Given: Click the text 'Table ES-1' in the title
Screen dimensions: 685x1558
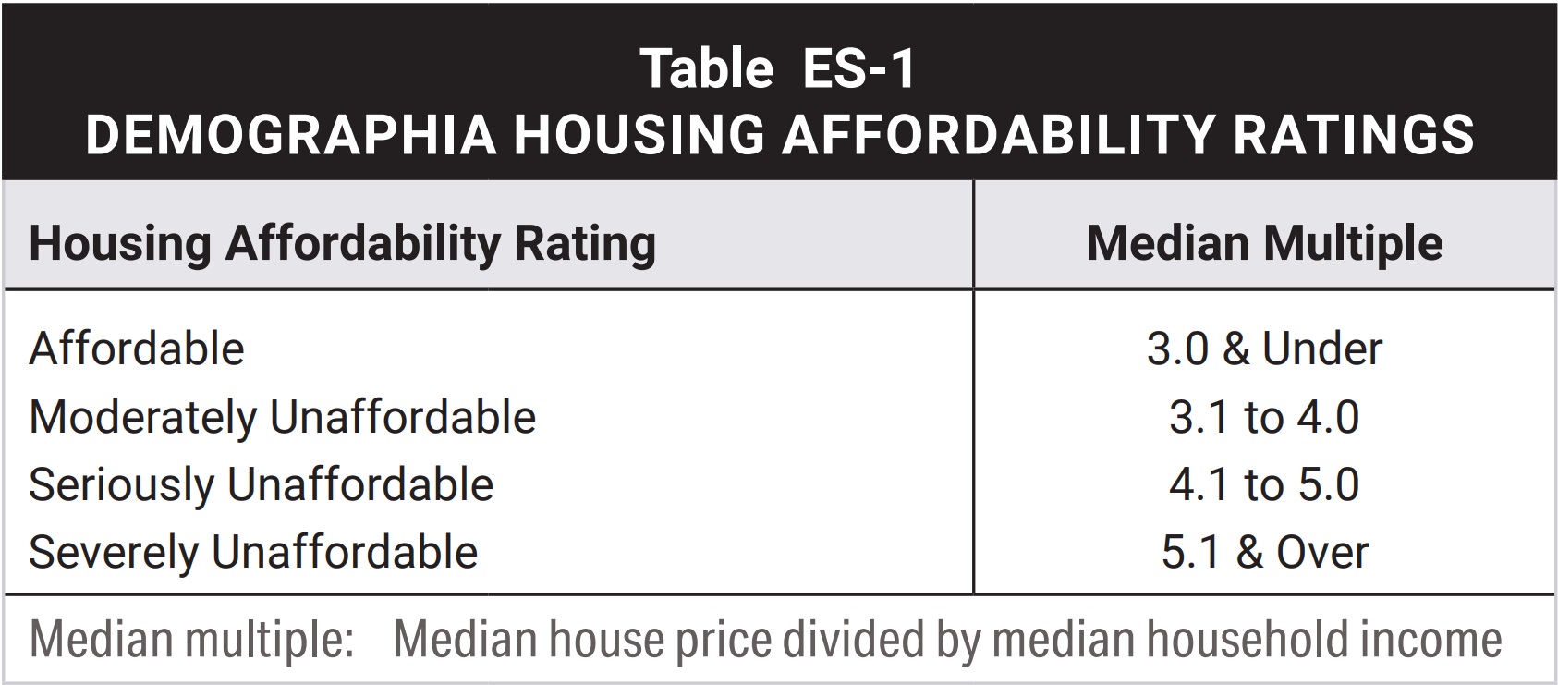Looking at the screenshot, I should click(778, 68).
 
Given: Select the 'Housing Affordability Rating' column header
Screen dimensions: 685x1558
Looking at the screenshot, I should click(342, 243).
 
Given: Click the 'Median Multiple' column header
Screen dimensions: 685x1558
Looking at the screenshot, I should click(1263, 243).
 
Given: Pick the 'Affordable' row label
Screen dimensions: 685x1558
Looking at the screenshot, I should click(137, 349).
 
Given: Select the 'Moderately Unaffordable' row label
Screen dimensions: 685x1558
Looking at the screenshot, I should click(282, 417).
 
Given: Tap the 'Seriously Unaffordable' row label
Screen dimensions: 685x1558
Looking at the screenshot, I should click(261, 484).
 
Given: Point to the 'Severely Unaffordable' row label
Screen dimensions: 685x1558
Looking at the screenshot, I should click(253, 552).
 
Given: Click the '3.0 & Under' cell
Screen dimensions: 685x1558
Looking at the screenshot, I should click(1263, 349).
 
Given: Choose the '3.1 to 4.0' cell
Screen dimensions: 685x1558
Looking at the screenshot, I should click(1263, 417).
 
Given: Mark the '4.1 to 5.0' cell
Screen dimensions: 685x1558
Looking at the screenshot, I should click(1263, 484).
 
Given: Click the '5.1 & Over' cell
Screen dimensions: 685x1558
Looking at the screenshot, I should click(1263, 552).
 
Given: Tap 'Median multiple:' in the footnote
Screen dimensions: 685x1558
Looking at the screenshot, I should click(191, 640).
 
